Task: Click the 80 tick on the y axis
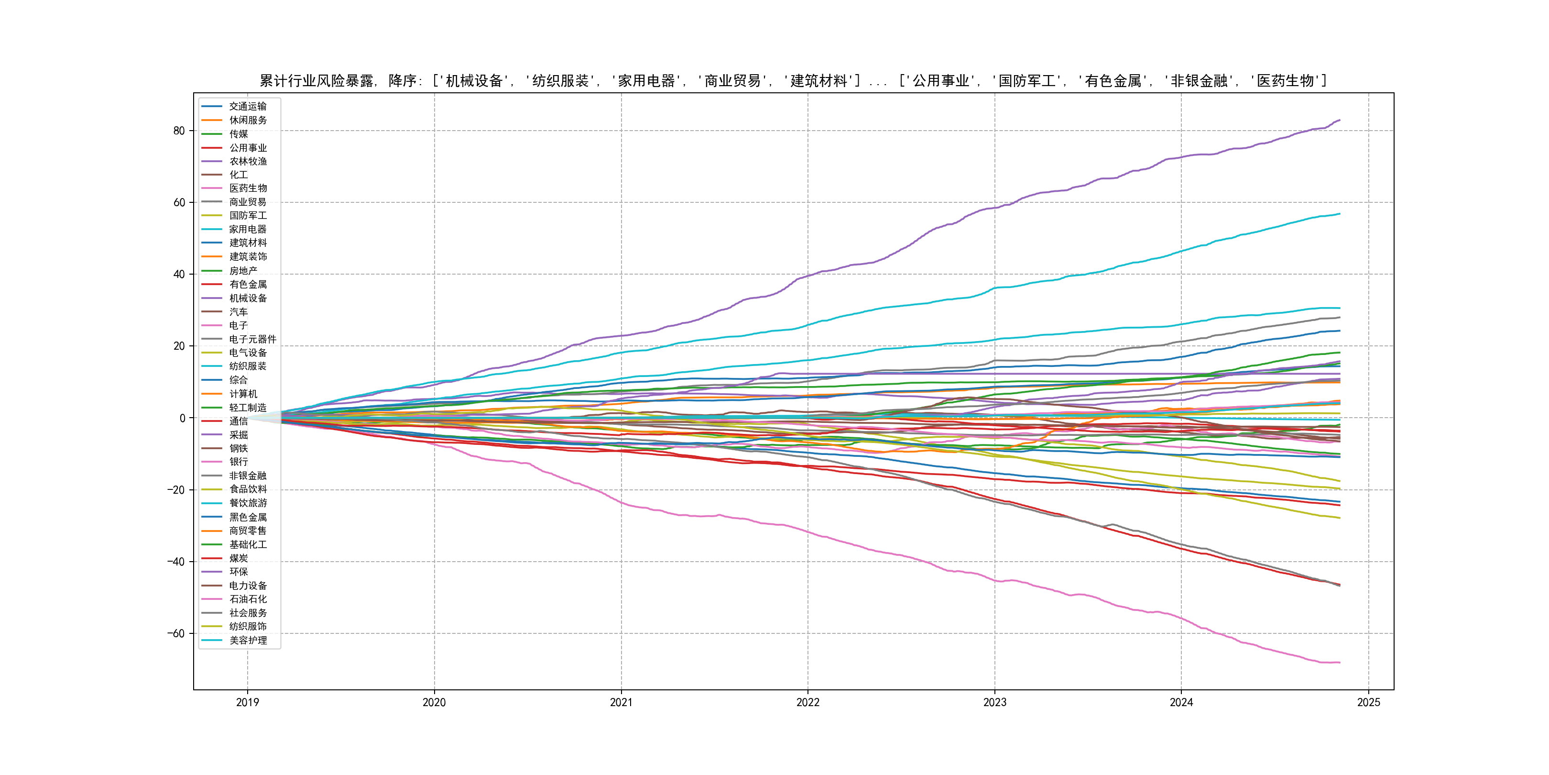[179, 131]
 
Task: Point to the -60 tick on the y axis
[176, 633]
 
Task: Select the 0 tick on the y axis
[182, 418]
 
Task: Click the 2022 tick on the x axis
[807, 702]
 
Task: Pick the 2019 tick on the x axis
[247, 702]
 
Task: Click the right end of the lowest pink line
[1340, 663]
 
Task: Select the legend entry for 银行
[238, 462]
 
